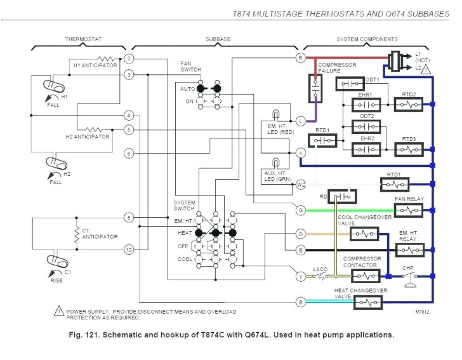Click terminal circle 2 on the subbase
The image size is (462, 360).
click(129, 58)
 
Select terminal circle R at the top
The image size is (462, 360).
click(301, 58)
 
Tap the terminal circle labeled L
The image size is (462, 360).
click(301, 121)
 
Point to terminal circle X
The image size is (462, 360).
click(301, 153)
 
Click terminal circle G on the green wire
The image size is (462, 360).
click(301, 210)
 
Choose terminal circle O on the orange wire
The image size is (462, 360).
click(301, 234)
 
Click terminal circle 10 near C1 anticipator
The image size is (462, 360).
click(129, 250)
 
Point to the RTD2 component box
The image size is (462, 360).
click(408, 103)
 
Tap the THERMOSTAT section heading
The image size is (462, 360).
click(81, 39)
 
